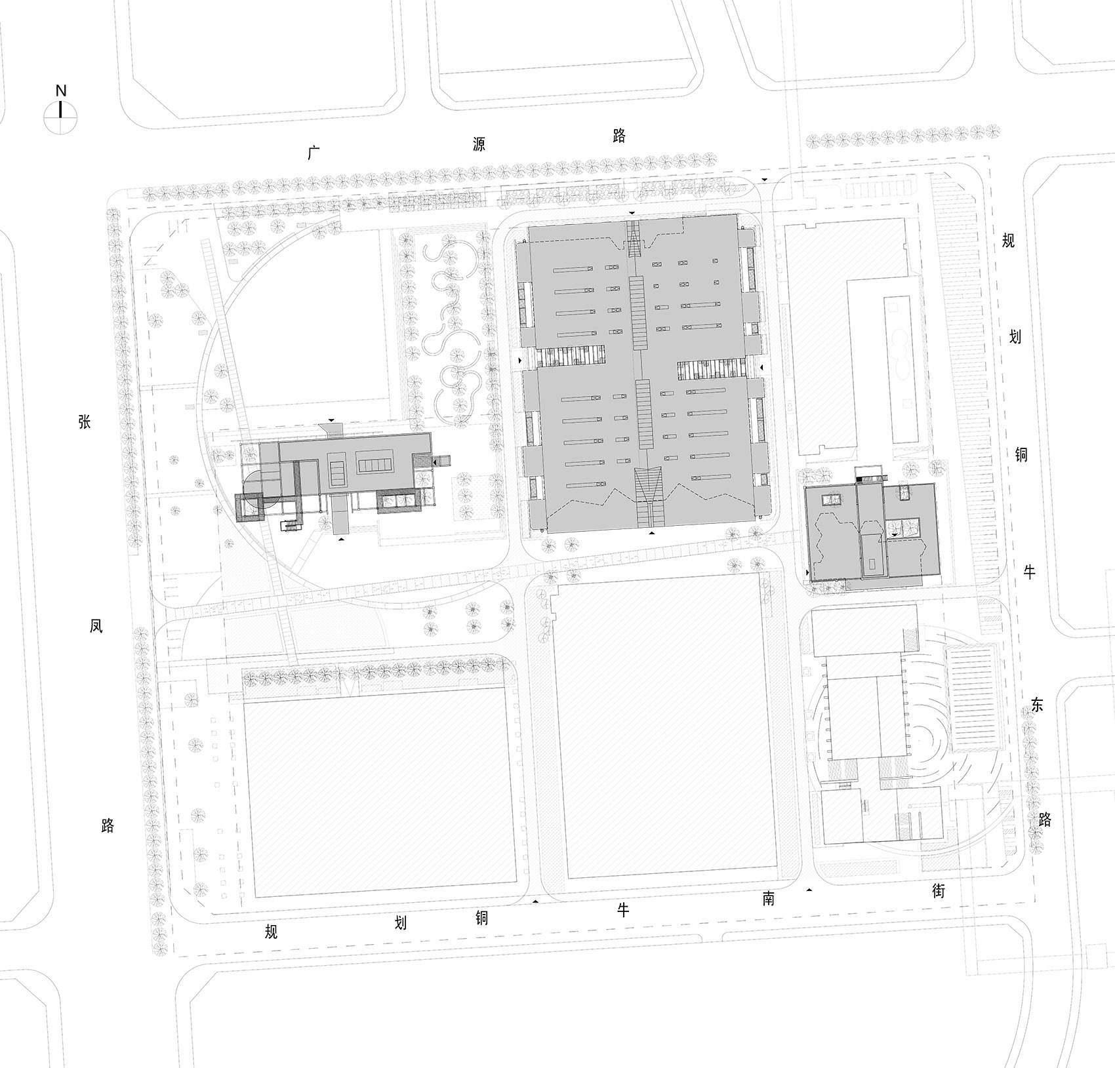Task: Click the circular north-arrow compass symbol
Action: point(60,118)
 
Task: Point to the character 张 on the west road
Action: point(85,422)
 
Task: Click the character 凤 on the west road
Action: point(96,626)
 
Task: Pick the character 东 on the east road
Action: point(1036,705)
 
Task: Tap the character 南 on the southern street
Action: point(768,898)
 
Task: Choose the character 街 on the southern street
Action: point(939,891)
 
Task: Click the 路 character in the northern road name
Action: point(618,136)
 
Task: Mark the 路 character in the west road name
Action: point(107,825)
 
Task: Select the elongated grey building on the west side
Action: point(354,465)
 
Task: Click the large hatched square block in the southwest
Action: point(379,792)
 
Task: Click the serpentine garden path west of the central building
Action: point(453,328)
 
